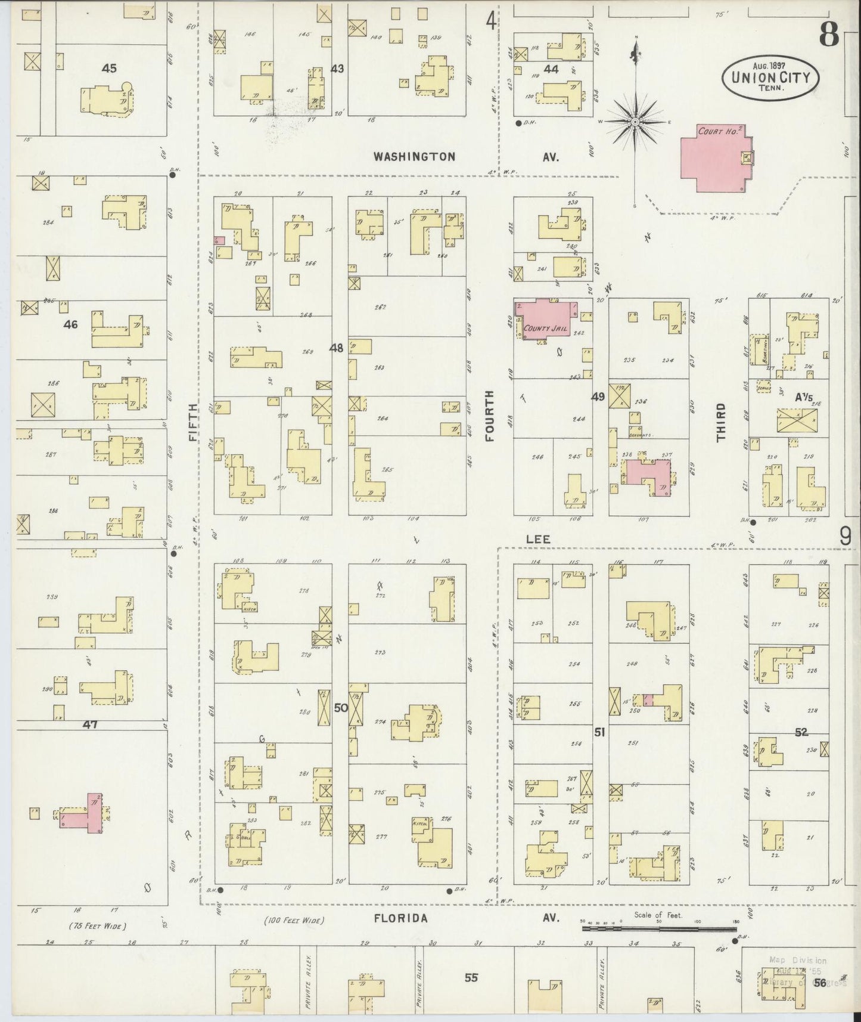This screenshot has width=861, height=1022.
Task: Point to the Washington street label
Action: [x=414, y=157]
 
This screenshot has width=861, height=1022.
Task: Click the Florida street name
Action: [x=400, y=918]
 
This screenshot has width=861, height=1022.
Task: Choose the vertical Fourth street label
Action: [x=490, y=416]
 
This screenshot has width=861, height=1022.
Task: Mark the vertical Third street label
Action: [x=722, y=422]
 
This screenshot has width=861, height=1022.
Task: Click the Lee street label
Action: [x=537, y=538]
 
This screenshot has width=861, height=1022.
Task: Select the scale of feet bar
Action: [x=658, y=928]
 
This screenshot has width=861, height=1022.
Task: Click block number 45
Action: [x=108, y=69]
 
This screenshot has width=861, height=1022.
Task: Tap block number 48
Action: [x=337, y=348]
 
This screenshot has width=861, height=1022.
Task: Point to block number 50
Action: [x=340, y=708]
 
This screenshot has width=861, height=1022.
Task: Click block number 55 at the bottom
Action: [x=471, y=978]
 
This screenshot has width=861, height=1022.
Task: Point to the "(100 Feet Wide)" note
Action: [x=294, y=921]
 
